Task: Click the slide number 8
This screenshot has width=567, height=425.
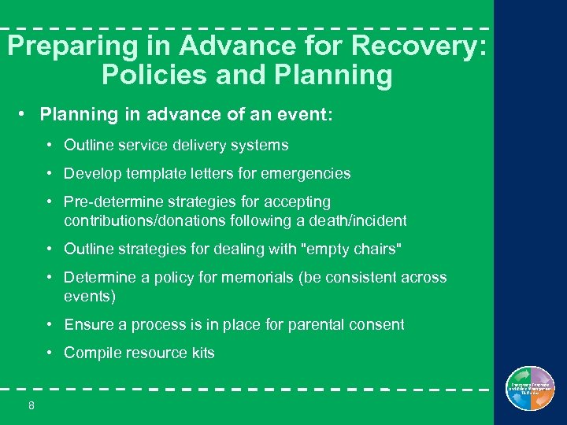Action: [31, 405]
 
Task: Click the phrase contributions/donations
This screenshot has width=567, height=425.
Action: [154, 220]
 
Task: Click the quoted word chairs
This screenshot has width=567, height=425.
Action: [375, 249]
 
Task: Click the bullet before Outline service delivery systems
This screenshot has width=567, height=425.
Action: [49, 145]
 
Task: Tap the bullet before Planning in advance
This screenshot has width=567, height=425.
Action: [24, 115]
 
